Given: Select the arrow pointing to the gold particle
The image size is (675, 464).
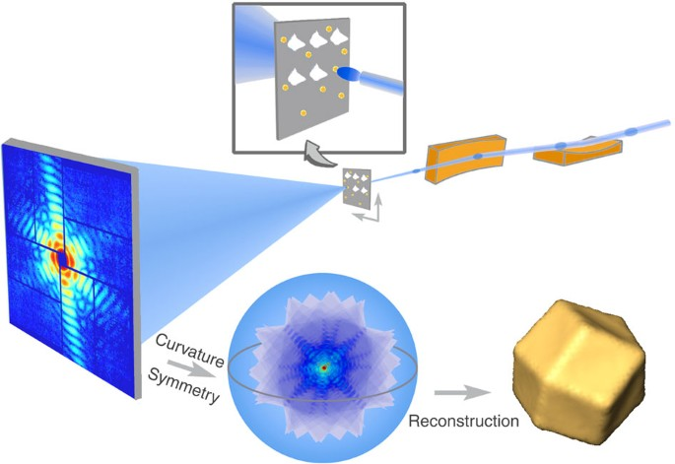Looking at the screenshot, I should tap(463, 391).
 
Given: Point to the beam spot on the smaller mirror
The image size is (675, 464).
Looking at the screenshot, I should tap(559, 146).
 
